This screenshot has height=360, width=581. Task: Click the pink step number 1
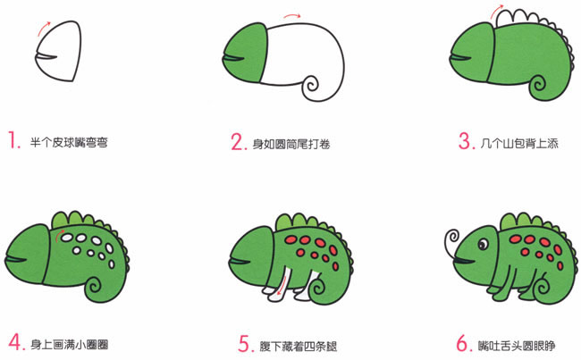13,140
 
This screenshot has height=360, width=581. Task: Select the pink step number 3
463,141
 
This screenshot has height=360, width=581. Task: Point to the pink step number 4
13,341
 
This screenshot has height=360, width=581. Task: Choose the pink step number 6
463,341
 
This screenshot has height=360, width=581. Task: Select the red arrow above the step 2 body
291,15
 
